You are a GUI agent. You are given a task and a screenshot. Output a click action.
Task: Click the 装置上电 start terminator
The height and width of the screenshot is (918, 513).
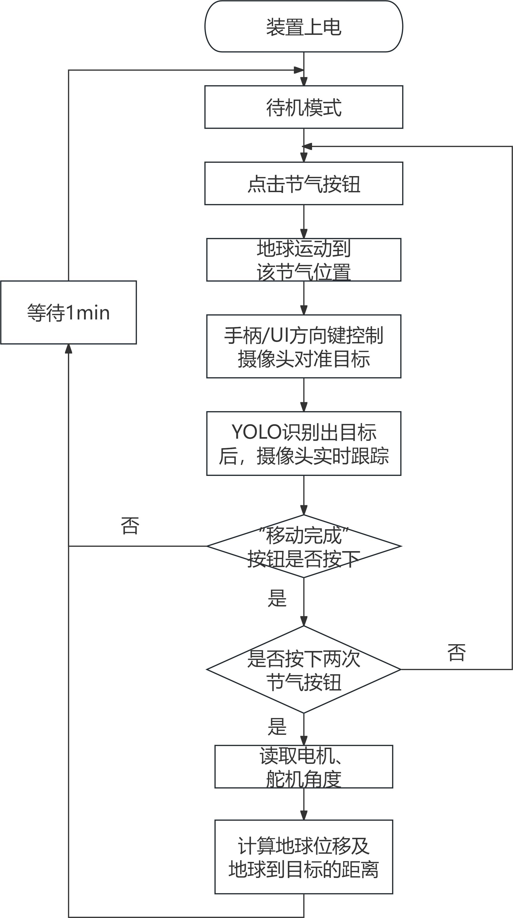pyautogui.click(x=303, y=26)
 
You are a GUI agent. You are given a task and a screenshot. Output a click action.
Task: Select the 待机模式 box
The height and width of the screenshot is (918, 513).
pyautogui.click(x=303, y=107)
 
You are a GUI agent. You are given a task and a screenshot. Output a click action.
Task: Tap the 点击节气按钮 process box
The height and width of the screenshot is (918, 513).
pyautogui.click(x=303, y=183)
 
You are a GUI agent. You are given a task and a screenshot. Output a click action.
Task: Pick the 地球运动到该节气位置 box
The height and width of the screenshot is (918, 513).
pyautogui.click(x=303, y=260)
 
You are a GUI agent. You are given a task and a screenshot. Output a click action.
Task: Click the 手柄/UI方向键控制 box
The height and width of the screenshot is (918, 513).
pyautogui.click(x=303, y=346)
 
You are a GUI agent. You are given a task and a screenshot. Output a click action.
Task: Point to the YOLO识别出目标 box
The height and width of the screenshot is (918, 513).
pyautogui.click(x=303, y=443)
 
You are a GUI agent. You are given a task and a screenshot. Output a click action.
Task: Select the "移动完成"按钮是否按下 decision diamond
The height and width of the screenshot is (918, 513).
pyautogui.click(x=303, y=546)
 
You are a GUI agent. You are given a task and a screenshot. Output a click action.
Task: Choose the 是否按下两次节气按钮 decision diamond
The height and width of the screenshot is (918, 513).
pyautogui.click(x=303, y=669)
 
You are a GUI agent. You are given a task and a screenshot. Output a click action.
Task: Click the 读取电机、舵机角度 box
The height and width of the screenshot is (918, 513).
pyautogui.click(x=303, y=767)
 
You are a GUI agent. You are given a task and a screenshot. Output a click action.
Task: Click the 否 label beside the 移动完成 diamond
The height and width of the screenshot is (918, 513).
pyautogui.click(x=130, y=526)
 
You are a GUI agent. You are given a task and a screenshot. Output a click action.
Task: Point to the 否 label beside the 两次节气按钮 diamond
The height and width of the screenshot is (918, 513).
pyautogui.click(x=456, y=653)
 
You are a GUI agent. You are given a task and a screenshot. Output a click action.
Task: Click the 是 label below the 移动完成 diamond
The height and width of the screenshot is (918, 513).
pyautogui.click(x=277, y=598)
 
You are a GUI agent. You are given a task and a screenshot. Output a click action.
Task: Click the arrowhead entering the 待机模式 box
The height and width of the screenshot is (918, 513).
pyautogui.click(x=303, y=81)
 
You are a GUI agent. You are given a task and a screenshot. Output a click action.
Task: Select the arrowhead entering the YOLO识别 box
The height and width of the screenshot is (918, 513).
pyautogui.click(x=303, y=407)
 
